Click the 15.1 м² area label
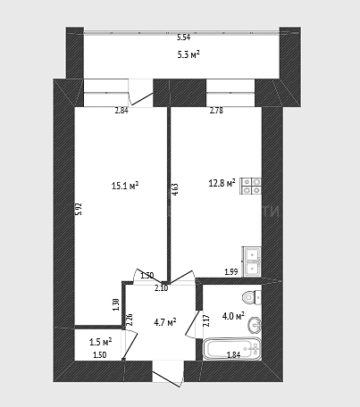click(125, 186)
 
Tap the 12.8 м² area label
click(222, 183)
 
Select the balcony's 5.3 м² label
click(188, 54)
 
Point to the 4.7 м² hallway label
click(165, 322)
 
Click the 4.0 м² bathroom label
click(233, 316)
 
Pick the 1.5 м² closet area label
click(101, 342)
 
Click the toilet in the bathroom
click(252, 297)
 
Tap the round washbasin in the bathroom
click(255, 325)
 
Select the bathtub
click(232, 349)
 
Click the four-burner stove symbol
click(251, 186)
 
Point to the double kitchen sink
click(252, 262)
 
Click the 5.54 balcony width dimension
click(184, 37)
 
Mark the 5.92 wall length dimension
click(79, 209)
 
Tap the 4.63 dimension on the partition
click(175, 189)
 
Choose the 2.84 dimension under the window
click(121, 111)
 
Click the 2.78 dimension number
click(216, 111)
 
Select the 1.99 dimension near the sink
click(231, 271)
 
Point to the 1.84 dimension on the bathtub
click(234, 354)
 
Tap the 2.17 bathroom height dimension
click(206, 320)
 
